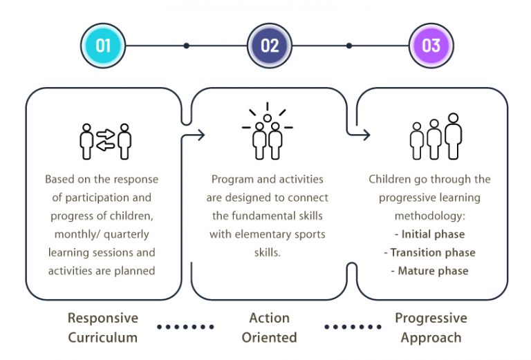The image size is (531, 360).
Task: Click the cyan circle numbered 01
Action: [103, 46]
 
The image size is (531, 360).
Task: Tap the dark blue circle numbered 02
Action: [270, 46]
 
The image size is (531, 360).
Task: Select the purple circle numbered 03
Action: [431, 46]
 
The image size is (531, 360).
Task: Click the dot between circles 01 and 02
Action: [186, 46]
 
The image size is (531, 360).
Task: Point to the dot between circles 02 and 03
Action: [349, 46]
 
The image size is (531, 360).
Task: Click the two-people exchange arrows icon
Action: [105, 141]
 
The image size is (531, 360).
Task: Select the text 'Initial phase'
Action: [433, 234]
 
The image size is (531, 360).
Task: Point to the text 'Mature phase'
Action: [433, 271]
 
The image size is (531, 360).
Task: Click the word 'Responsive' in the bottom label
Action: [102, 319]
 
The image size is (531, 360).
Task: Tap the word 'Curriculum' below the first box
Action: [102, 338]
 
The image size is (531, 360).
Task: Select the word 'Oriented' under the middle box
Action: [269, 338]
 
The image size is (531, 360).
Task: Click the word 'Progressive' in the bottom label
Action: [431, 319]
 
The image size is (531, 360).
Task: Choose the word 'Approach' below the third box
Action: [431, 338]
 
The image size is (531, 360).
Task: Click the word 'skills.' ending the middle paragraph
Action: [267, 252]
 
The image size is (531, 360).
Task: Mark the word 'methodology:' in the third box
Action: [430, 216]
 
